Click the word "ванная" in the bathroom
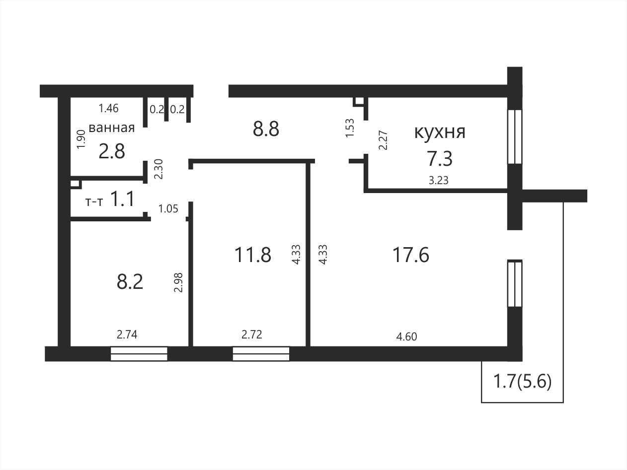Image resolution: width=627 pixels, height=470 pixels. pos(112,128)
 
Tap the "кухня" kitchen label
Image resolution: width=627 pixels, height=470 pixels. pos(440,132)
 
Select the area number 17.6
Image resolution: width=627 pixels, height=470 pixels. pos(411,255)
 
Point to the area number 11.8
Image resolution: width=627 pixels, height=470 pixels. pos(253,255)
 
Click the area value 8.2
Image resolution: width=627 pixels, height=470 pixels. pos(130,282)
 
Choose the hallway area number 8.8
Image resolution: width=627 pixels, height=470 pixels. pos(266,129)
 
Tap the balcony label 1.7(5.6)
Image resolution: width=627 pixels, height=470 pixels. pos(523,382)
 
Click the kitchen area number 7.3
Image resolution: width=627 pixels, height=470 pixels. pos(440,159)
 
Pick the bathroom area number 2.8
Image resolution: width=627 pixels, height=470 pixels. pos(112,151)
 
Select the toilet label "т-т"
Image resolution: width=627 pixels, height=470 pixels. pos(94,202)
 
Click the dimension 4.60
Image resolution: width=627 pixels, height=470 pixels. pos(406,336)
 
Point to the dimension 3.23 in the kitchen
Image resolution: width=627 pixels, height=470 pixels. pos(439,180)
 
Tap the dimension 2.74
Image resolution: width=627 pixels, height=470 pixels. pos(127,335)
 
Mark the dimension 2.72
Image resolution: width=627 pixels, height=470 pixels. pos(252,335)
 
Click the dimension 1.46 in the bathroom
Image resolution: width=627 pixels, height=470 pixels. pos(108,108)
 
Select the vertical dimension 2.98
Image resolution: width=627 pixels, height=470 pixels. pos(178,282)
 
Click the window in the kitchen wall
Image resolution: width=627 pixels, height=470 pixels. pos(515,137)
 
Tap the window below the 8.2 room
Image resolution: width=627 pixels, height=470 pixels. pos(139,354)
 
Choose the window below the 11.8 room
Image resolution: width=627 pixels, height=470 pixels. pos(261,354)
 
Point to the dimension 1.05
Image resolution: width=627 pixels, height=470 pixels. pos(168,209)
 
